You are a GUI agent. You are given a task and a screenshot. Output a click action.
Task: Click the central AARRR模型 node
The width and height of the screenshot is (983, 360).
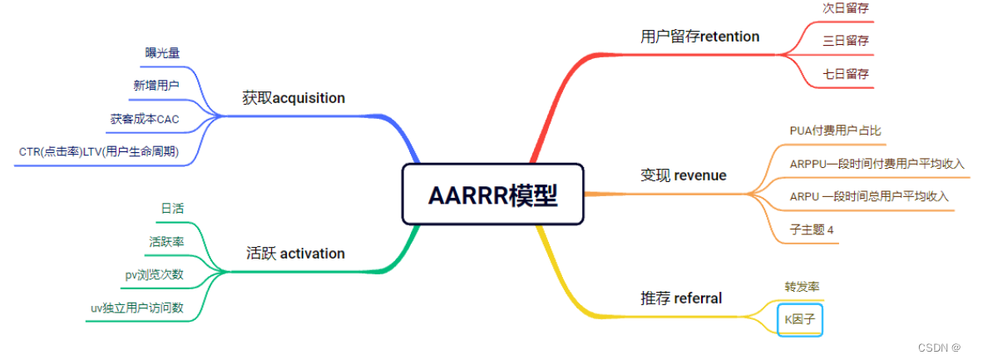492,195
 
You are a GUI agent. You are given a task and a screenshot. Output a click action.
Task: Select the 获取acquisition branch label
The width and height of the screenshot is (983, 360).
294,98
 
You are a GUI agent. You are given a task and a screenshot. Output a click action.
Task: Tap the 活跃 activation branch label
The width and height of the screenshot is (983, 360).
295,253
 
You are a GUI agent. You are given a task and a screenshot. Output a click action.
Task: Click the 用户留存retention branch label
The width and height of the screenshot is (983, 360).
699,36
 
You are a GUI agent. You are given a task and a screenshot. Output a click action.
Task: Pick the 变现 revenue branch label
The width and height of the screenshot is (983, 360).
683,175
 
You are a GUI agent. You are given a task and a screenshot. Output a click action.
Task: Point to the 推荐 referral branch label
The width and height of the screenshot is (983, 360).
680,298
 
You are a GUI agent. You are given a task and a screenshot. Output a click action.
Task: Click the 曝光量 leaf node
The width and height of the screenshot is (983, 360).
161,52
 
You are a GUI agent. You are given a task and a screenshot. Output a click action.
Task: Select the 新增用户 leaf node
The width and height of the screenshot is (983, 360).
156,85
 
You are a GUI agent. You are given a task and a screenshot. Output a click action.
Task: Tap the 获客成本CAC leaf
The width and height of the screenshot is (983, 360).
145,119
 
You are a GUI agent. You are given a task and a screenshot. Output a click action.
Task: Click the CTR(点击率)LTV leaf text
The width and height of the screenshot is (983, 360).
99,152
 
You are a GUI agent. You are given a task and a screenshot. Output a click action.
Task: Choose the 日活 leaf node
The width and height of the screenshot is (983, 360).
172,207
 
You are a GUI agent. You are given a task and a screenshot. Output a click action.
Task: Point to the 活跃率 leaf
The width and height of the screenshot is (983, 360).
166,241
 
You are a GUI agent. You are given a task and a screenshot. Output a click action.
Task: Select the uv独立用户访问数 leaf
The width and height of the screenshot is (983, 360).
137,308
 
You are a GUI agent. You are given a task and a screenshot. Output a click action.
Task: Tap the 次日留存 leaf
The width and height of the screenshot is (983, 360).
846,7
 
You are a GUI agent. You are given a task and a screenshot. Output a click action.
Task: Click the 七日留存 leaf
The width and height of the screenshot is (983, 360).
846,73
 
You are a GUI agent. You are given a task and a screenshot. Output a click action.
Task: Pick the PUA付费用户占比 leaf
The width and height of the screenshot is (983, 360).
835,131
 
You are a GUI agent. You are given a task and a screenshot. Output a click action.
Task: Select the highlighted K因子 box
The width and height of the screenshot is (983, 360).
800,319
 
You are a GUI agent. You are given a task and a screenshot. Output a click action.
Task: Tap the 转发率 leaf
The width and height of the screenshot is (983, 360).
802,287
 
